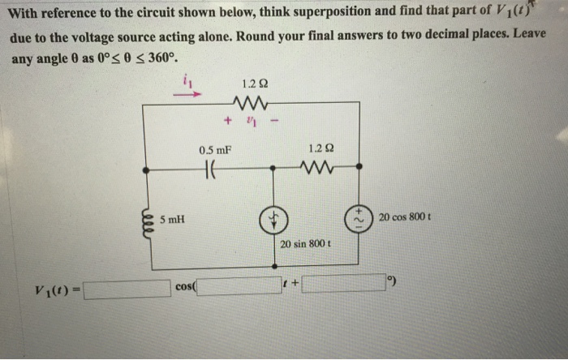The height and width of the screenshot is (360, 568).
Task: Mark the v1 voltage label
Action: tap(253, 122)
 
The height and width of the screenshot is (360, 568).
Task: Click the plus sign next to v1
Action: tap(228, 122)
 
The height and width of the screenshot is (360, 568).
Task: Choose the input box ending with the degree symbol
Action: tap(346, 283)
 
